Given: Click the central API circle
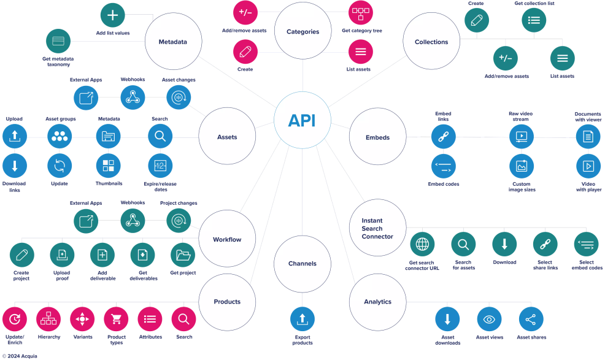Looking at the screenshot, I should click(302, 120).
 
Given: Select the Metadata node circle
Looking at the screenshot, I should click(172, 42).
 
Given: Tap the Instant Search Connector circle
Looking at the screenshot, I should click(377, 228).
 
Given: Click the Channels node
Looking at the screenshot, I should click(302, 263).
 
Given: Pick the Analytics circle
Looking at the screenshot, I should click(377, 301).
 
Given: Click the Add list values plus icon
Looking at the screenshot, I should click(113, 15).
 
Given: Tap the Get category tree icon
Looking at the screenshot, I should click(361, 12).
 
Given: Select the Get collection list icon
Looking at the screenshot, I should click(534, 20).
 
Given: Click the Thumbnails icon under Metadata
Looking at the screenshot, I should click(109, 166).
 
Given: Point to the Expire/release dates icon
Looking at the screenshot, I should click(160, 166).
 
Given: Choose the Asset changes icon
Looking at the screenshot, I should click(179, 96).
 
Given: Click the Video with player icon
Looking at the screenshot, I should click(588, 166).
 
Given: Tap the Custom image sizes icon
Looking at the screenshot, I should click(522, 166).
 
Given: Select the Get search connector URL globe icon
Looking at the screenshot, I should click(422, 244).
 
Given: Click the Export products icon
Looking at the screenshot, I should click(302, 319).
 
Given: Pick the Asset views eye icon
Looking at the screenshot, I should click(489, 319).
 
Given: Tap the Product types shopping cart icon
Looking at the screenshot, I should click(116, 319).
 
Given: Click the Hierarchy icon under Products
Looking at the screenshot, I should click(48, 319).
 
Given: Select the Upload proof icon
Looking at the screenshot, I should click(62, 255).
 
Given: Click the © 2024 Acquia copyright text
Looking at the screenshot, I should click(20, 356).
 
